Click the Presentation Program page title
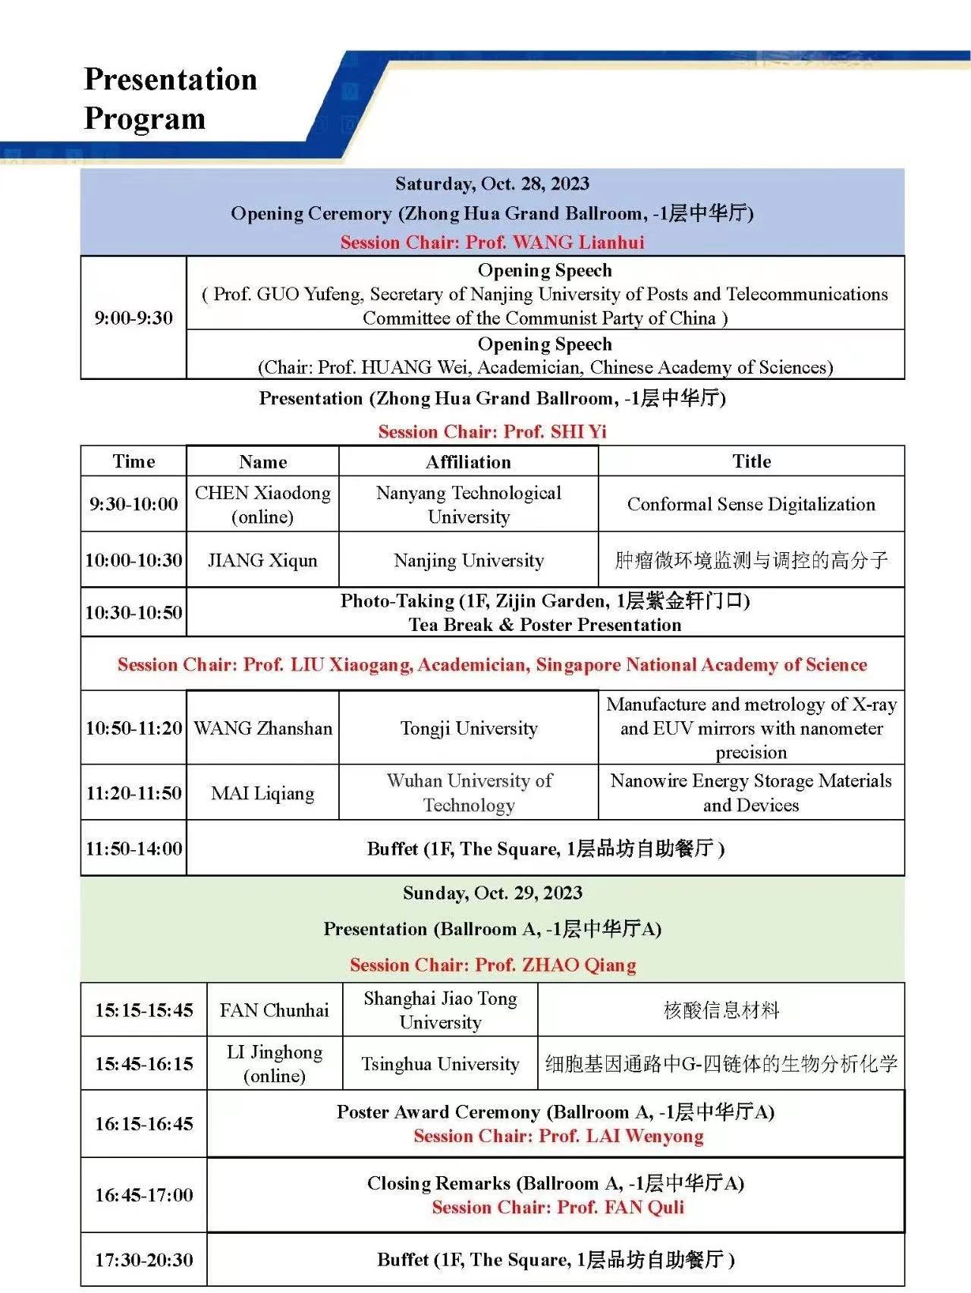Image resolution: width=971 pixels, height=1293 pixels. (170, 99)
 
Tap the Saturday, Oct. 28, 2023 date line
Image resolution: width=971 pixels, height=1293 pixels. (492, 184)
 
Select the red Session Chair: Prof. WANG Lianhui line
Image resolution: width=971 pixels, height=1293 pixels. (492, 243)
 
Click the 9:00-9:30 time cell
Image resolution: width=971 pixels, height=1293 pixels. (134, 318)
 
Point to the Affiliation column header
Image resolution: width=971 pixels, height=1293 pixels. (468, 462)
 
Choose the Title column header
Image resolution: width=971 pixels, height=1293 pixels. (751, 462)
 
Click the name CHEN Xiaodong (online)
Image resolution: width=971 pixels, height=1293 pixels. (262, 504)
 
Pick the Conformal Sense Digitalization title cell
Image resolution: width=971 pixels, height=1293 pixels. (751, 504)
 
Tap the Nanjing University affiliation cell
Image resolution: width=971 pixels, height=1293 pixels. (468, 560)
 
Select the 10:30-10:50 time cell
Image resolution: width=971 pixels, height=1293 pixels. (134, 613)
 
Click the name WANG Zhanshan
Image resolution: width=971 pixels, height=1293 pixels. (262, 728)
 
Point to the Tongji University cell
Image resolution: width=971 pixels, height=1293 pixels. (468, 728)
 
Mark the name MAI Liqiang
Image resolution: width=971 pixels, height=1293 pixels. (262, 793)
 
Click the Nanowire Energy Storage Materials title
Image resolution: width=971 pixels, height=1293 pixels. (751, 792)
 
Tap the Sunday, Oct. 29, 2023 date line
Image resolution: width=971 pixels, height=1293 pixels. (492, 893)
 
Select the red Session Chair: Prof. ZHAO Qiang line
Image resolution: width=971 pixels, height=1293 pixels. (492, 965)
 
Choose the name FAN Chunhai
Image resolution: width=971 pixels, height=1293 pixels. (274, 1010)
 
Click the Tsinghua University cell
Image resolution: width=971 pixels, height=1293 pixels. (440, 1064)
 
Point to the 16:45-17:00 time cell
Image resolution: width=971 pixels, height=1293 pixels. (144, 1195)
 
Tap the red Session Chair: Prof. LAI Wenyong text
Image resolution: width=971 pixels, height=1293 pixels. (558, 1136)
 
